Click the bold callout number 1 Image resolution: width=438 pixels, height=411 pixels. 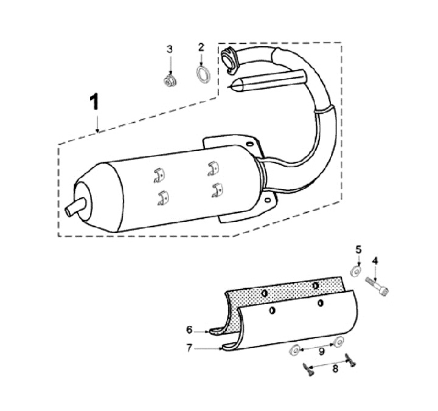click(95, 102)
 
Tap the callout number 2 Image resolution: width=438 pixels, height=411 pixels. click(201, 47)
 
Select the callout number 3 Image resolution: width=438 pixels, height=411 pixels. click(170, 49)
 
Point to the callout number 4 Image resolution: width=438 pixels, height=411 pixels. click(375, 261)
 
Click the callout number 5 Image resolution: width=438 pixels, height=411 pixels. click(358, 250)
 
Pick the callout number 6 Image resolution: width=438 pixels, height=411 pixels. click(189, 330)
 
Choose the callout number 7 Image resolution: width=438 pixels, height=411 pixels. click(189, 348)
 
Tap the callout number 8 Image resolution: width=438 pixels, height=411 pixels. click(335, 369)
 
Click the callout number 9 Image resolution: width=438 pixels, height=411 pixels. click(322, 351)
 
